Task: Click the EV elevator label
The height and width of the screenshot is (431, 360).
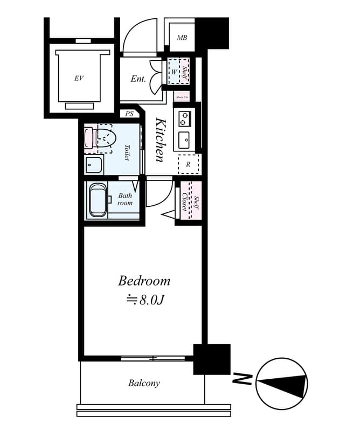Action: tap(79, 79)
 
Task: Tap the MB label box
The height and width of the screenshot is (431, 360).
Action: tap(182, 38)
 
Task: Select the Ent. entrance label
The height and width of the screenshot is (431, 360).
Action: tap(139, 79)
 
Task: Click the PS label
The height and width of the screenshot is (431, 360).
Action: tap(129, 114)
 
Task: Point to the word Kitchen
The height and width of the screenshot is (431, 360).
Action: tap(161, 140)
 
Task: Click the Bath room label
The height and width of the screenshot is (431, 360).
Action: tap(125, 199)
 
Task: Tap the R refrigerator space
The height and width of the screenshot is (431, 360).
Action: tap(188, 164)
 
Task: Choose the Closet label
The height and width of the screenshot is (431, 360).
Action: tap(184, 203)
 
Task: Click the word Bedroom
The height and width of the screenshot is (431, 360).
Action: tap(144, 281)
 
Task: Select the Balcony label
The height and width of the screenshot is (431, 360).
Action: tap(144, 384)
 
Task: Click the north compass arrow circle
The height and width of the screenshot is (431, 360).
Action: tap(281, 384)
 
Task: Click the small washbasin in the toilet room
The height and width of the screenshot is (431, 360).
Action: tap(94, 165)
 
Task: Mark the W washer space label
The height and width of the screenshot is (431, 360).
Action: tap(175, 71)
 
